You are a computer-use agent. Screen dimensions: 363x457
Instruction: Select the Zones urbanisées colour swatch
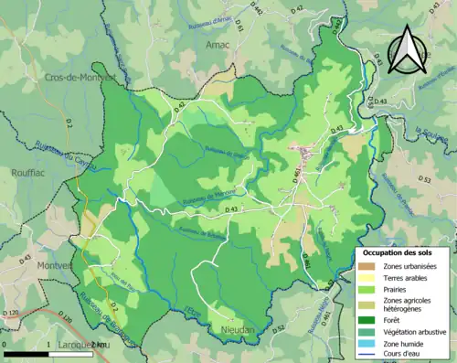pyautogui.click(x=369, y=265)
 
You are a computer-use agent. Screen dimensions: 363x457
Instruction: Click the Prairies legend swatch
pyautogui.click(x=369, y=289)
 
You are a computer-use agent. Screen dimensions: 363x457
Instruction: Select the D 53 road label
pyautogui.click(x=424, y=180)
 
